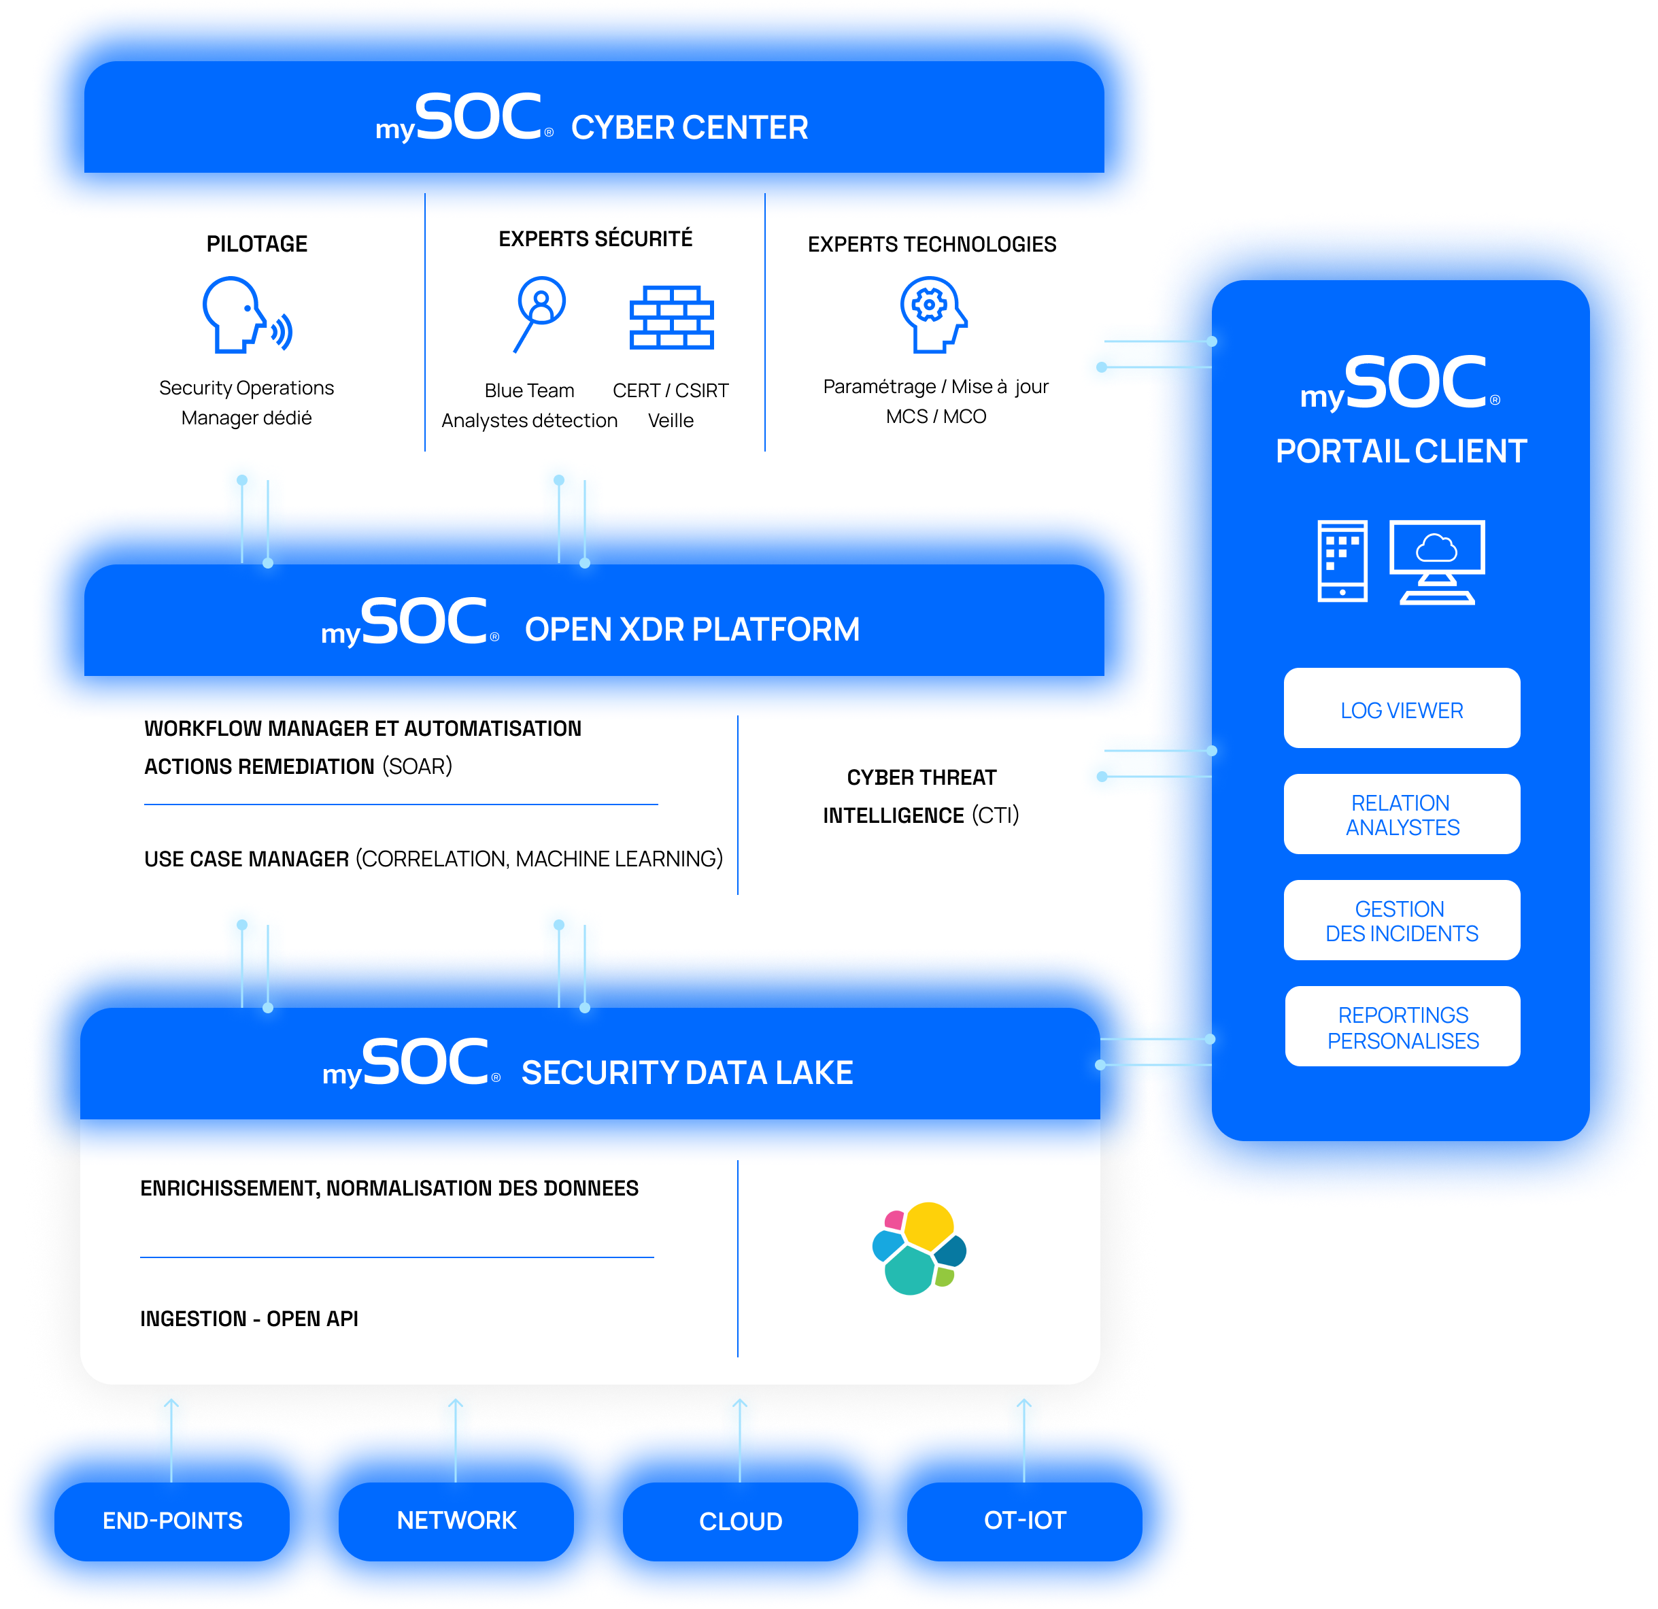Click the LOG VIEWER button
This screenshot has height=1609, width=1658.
1402,709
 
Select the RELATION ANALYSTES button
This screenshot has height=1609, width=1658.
1402,815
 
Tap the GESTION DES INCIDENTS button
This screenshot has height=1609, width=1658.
1402,920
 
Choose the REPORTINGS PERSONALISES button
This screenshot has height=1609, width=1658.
1402,1027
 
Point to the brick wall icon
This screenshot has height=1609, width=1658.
672,317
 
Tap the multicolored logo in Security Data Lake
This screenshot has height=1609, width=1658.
919,1249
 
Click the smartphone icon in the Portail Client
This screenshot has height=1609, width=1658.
1342,561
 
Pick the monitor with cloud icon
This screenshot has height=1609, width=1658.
1437,562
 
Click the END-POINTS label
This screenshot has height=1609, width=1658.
173,1520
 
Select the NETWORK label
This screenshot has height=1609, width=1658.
457,1520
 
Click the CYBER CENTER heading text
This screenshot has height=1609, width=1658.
690,128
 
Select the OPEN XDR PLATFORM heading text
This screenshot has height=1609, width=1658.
692,630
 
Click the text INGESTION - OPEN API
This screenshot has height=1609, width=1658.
250,1319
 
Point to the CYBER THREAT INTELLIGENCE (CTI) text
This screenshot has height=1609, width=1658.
921,796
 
